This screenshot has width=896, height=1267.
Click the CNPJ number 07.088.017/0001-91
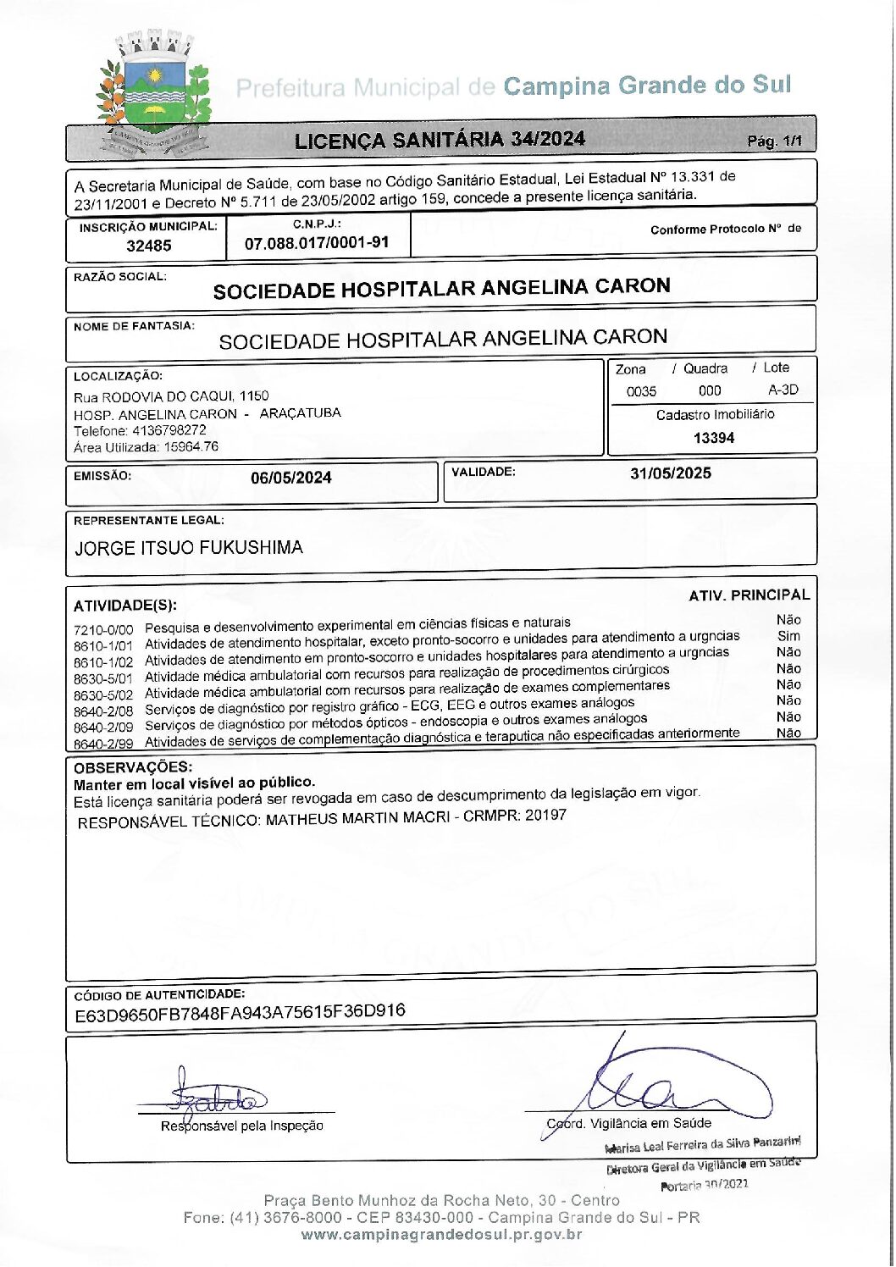[317, 243]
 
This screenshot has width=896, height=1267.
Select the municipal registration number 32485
[148, 246]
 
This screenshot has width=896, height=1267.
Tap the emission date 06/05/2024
[290, 478]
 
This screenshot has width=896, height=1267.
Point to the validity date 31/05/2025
[670, 473]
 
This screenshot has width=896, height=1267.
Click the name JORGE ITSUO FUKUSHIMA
[189, 548]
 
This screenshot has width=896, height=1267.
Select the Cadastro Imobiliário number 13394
[713, 438]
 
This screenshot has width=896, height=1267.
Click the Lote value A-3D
[783, 390]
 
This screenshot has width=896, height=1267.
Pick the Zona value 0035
[641, 391]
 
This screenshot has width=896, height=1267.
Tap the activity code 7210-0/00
[103, 630]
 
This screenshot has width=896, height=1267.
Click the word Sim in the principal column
[788, 636]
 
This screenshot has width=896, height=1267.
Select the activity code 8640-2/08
[103, 711]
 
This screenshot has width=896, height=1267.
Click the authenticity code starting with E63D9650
[240, 1013]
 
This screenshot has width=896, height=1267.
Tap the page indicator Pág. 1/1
[774, 141]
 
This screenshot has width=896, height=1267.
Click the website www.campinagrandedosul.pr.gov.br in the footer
[441, 1235]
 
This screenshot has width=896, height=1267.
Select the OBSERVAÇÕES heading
[133, 767]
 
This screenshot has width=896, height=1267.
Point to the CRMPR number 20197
[545, 816]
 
